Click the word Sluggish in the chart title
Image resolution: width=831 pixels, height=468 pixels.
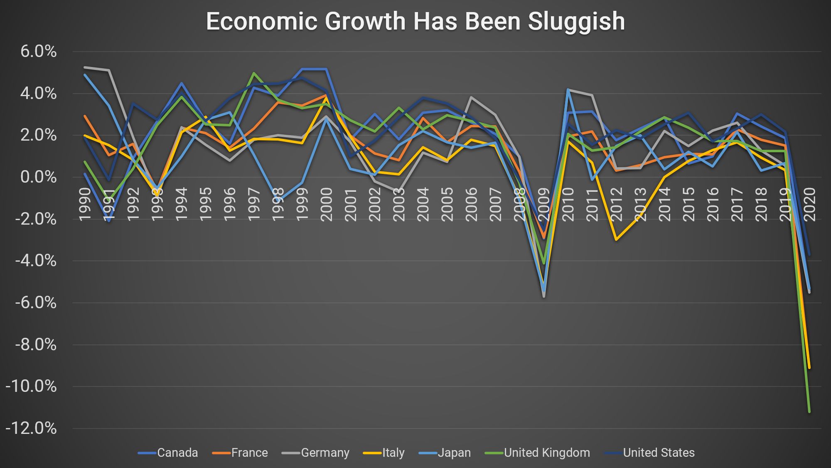(x=576, y=22)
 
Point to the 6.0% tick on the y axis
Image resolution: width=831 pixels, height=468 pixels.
(x=39, y=52)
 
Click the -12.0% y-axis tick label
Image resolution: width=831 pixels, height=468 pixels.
(x=31, y=428)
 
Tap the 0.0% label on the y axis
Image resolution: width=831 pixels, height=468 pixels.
(x=39, y=177)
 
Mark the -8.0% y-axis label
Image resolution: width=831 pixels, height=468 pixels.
(x=36, y=344)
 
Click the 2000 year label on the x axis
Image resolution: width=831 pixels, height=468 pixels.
(x=327, y=204)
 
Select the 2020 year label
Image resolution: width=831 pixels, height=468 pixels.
(x=809, y=204)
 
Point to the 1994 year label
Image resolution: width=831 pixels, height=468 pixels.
(x=182, y=204)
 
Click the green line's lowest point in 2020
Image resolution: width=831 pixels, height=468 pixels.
(x=809, y=412)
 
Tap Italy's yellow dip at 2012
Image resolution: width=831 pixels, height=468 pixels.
(x=616, y=240)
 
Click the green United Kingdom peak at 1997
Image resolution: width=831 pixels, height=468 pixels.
(x=254, y=73)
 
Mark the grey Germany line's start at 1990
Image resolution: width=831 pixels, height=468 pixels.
(x=85, y=67)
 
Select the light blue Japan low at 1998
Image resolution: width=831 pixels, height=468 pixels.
(x=278, y=201)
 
